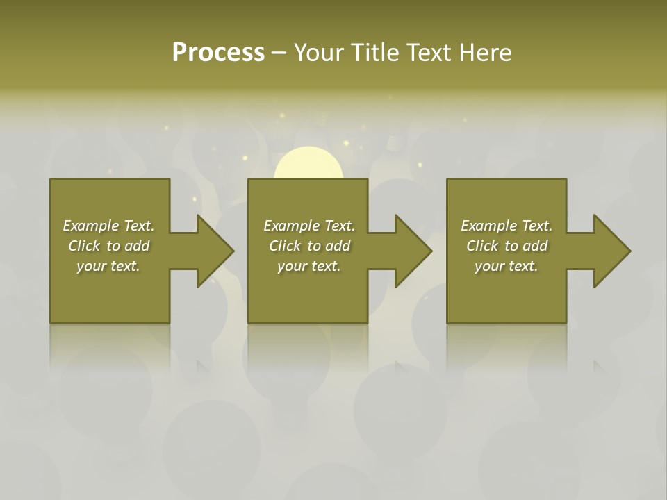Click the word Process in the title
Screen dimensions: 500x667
tap(218, 53)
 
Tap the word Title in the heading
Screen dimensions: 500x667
tap(376, 53)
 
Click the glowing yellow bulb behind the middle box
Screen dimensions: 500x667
tap(308, 165)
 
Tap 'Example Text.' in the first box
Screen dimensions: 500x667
tap(108, 226)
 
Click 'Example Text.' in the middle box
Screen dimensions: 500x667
tap(309, 226)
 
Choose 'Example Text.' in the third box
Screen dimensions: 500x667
tap(507, 226)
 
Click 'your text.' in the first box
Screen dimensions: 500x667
tap(108, 266)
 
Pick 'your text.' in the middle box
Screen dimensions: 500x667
tap(309, 266)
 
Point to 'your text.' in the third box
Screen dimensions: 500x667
tap(507, 266)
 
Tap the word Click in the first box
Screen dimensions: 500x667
tap(84, 246)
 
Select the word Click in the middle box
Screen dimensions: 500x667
tap(285, 246)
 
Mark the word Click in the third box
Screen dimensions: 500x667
tap(482, 246)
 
